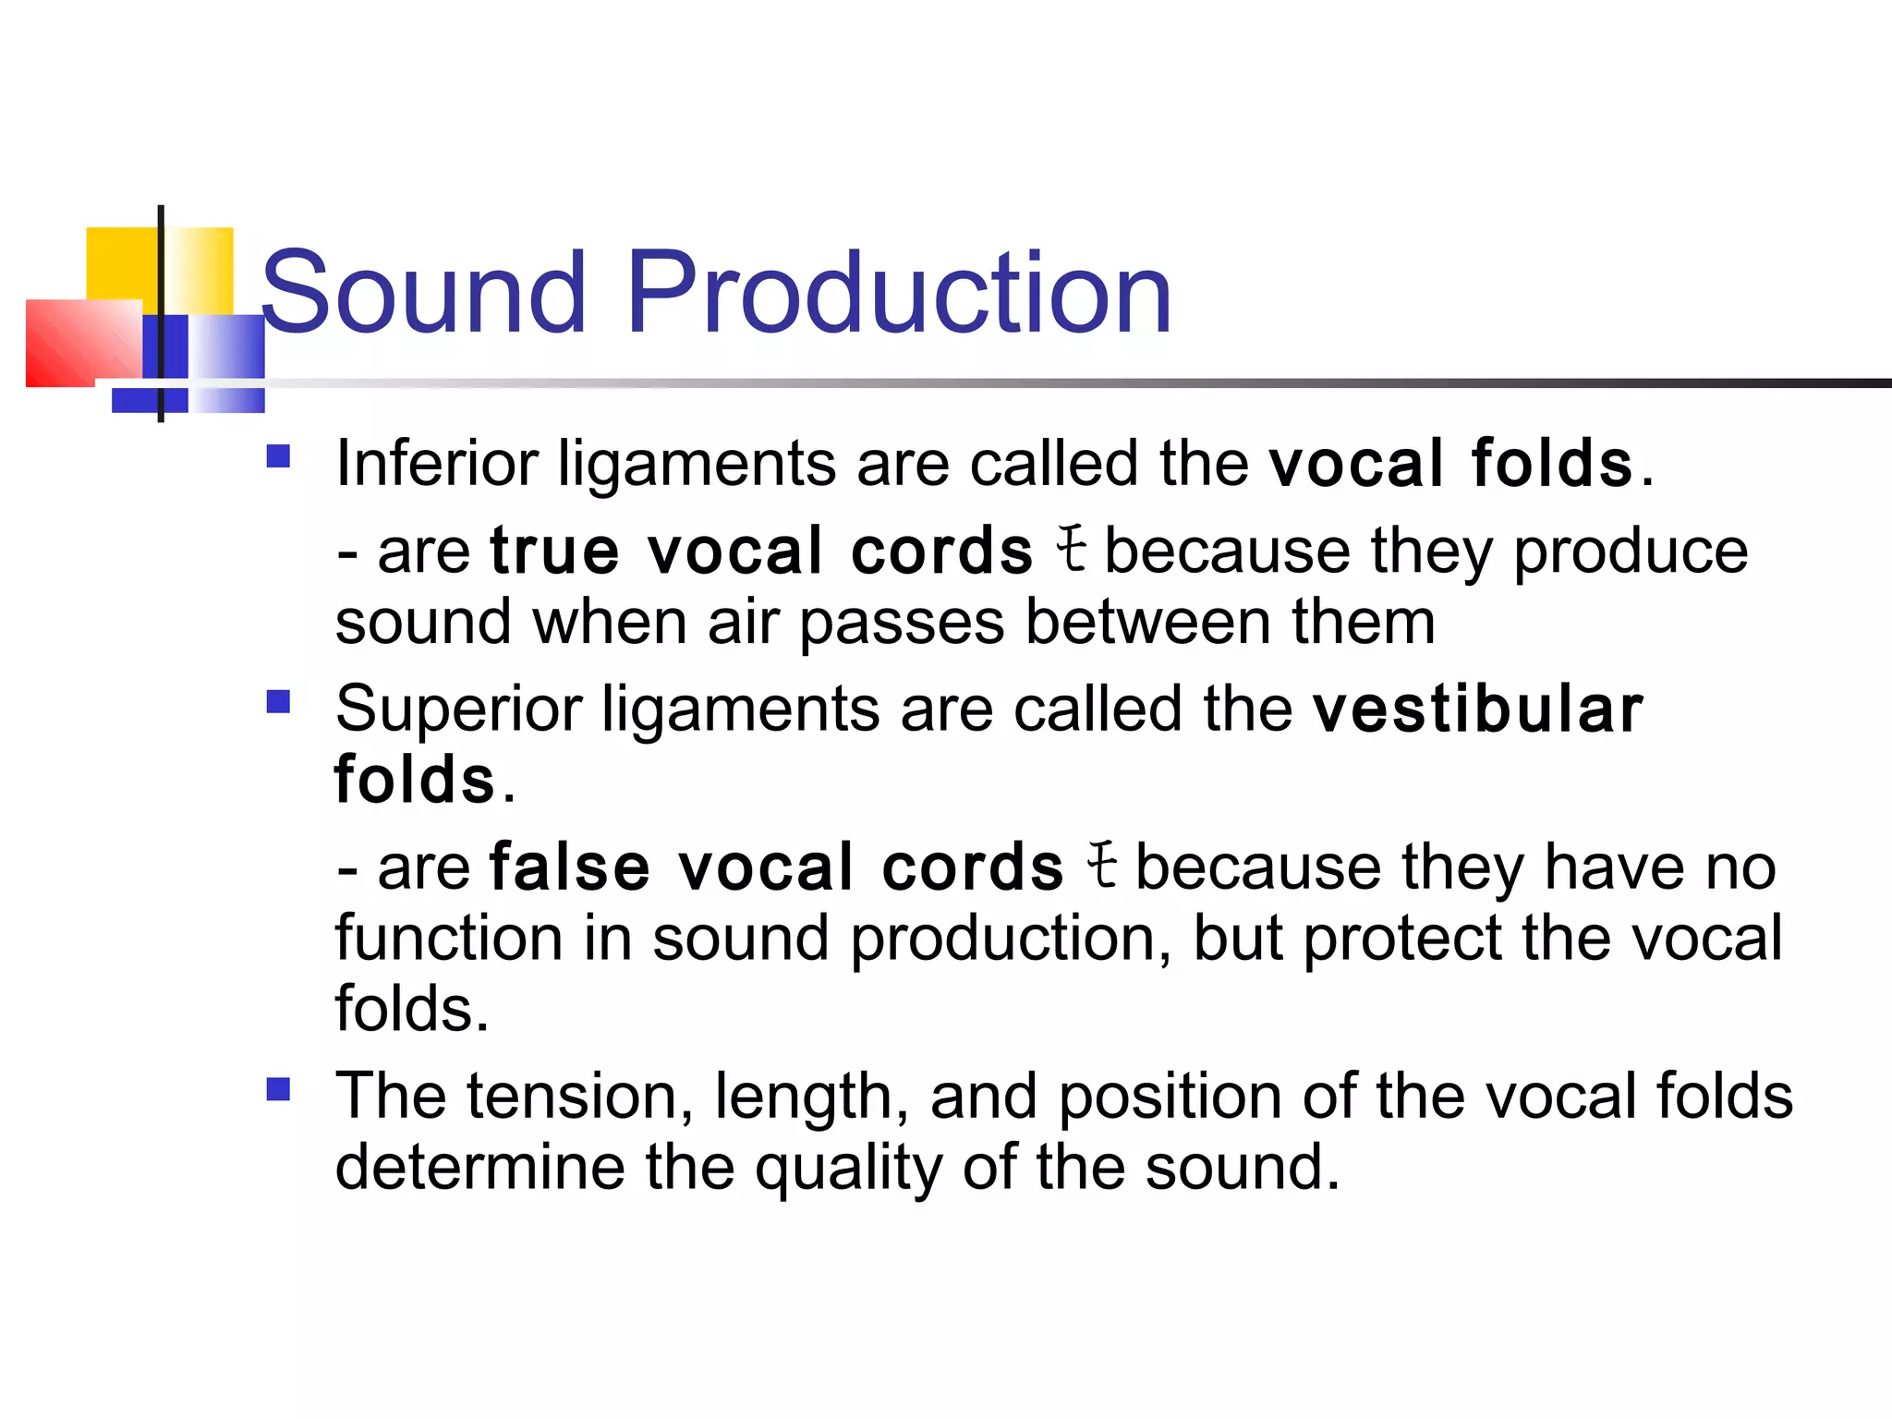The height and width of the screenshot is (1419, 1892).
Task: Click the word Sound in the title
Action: coord(423,294)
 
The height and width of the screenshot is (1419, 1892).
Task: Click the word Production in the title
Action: coord(899,294)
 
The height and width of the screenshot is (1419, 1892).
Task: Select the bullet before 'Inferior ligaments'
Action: coord(278,457)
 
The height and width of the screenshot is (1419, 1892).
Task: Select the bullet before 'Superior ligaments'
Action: coord(278,703)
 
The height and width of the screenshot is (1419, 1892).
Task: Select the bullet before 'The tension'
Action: coord(278,1090)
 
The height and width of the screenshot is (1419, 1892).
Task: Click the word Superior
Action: coord(458,709)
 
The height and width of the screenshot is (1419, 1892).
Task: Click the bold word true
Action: coord(554,552)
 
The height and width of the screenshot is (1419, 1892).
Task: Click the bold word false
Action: coord(570,868)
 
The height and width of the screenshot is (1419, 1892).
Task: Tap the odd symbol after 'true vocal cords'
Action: coord(1072,549)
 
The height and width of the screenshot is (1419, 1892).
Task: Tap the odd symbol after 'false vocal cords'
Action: coord(1102,866)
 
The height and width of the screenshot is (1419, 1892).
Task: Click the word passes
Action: coord(902,623)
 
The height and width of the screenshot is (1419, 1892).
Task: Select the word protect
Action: coord(1402,940)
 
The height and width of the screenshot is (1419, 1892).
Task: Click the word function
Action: coord(449,939)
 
